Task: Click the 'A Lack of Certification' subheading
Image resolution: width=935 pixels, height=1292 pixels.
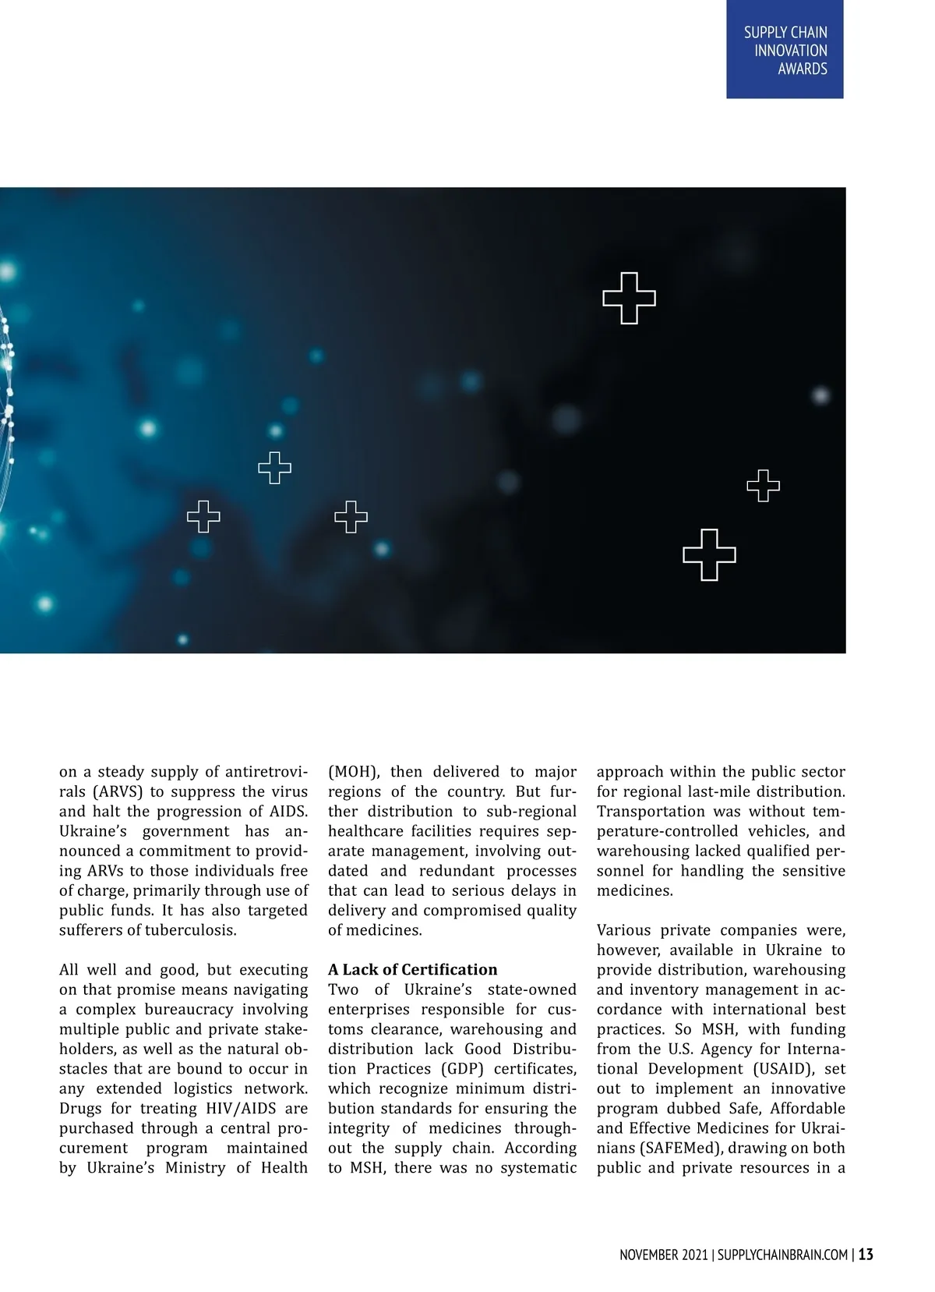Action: pyautogui.click(x=412, y=969)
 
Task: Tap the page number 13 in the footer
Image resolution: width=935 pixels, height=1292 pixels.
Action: pyautogui.click(x=866, y=1255)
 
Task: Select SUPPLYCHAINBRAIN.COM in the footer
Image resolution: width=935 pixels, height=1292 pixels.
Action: pyautogui.click(x=782, y=1255)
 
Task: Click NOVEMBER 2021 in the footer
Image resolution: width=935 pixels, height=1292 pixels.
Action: pyautogui.click(x=664, y=1255)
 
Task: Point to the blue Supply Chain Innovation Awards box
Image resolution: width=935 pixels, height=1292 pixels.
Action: pyautogui.click(x=785, y=49)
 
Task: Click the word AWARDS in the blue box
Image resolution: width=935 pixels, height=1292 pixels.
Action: pyautogui.click(x=802, y=69)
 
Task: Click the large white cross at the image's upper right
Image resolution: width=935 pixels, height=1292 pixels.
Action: pyautogui.click(x=629, y=298)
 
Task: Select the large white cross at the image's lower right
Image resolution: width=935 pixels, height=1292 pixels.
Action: pyautogui.click(x=709, y=554)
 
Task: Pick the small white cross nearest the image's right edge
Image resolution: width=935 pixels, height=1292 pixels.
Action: pyautogui.click(x=763, y=486)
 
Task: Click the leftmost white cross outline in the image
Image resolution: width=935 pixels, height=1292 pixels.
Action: pyautogui.click(x=203, y=516)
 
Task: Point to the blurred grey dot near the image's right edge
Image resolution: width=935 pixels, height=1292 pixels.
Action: pyautogui.click(x=820, y=395)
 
